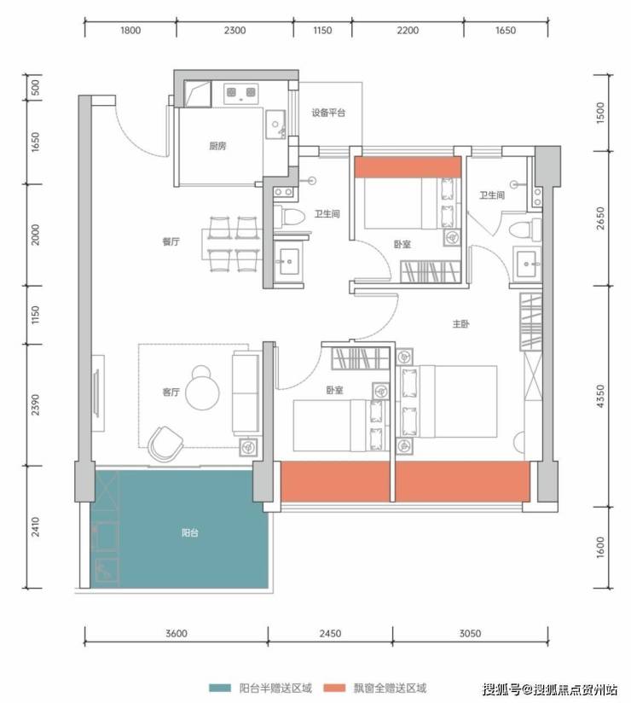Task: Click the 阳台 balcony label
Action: point(189,532)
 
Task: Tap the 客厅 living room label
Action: point(171,392)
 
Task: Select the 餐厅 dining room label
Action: point(171,241)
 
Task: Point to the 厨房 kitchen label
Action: point(217,146)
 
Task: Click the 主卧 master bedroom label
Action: point(460,323)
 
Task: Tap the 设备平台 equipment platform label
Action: point(328,113)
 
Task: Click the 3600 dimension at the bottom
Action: point(177,634)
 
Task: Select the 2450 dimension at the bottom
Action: point(330,634)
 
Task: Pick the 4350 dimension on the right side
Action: point(600,397)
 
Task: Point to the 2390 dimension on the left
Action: point(36,405)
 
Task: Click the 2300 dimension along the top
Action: point(234,31)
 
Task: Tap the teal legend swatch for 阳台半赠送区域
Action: point(220,688)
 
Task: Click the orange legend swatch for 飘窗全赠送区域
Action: point(334,688)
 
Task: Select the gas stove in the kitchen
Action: point(241,93)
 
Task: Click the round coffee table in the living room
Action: point(203,393)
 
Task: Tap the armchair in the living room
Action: point(165,444)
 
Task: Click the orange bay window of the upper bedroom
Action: point(408,166)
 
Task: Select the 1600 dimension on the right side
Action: point(600,547)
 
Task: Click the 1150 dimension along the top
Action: point(322,31)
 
